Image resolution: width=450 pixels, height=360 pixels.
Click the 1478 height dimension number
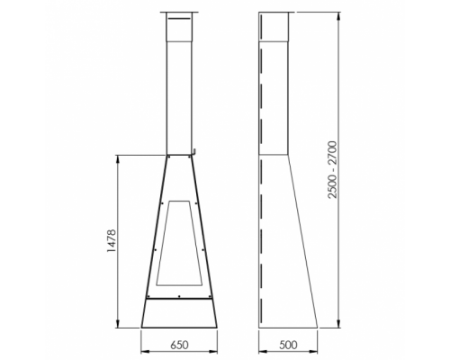(112, 241)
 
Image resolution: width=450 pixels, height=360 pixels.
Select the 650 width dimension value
(179, 345)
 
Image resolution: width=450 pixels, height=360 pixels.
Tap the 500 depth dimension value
(288, 345)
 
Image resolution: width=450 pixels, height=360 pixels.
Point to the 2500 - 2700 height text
(333, 169)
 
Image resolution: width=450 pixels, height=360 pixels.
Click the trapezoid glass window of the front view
(179, 243)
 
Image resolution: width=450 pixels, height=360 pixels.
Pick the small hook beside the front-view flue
(194, 152)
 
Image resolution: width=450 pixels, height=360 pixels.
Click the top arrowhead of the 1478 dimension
(118, 159)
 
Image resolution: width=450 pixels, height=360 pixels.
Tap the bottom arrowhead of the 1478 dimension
(118, 323)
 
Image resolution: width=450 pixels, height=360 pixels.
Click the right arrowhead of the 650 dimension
(213, 351)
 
